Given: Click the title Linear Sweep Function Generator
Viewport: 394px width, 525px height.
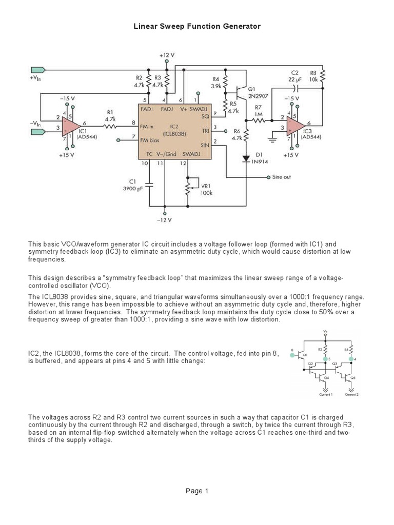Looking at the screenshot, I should pyautogui.click(x=197, y=26).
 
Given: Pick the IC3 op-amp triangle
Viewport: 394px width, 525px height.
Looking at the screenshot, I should pyautogui.click(x=294, y=124).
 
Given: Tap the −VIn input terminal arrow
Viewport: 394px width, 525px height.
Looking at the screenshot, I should pyautogui.click(x=38, y=132).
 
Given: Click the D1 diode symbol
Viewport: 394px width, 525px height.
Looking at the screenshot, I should pyautogui.click(x=246, y=158).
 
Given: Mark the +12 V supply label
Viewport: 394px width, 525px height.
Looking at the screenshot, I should pyautogui.click(x=167, y=55).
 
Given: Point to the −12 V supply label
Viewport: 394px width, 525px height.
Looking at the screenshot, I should pyautogui.click(x=164, y=220).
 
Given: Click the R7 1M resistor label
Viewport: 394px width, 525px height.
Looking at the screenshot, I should pyautogui.click(x=258, y=111).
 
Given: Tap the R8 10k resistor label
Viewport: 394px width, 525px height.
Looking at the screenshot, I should pyautogui.click(x=313, y=76).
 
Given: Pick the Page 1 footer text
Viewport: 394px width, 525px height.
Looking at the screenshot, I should pyautogui.click(x=197, y=491).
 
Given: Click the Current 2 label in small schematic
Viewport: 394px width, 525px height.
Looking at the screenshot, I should pyautogui.click(x=351, y=395).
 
